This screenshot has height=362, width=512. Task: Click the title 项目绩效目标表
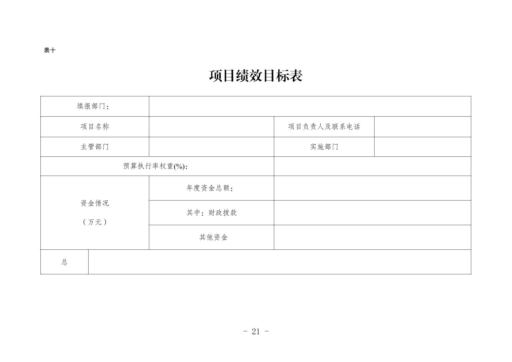point(256,76)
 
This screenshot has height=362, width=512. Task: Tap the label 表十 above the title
point(50,50)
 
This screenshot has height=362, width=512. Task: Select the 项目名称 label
point(95,127)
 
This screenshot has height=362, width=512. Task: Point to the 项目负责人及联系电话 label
point(324,127)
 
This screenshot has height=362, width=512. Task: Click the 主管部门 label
point(95,147)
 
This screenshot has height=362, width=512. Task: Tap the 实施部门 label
point(324,147)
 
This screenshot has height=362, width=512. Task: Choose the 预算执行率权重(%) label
point(155,166)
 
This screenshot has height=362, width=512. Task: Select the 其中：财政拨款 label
point(212,213)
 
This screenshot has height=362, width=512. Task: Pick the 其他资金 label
point(213,237)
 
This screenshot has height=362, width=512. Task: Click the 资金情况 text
point(95,203)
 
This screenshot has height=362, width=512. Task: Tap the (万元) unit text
point(95,222)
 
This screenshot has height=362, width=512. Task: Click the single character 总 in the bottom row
point(64,262)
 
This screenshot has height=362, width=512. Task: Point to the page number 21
point(256,332)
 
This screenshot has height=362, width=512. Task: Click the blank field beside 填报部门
point(310,107)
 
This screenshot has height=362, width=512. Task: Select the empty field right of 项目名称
point(211,127)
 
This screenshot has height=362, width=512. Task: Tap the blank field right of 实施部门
point(422,147)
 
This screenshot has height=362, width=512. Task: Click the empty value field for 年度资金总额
point(372,188)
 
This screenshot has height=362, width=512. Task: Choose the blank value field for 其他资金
point(372,237)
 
